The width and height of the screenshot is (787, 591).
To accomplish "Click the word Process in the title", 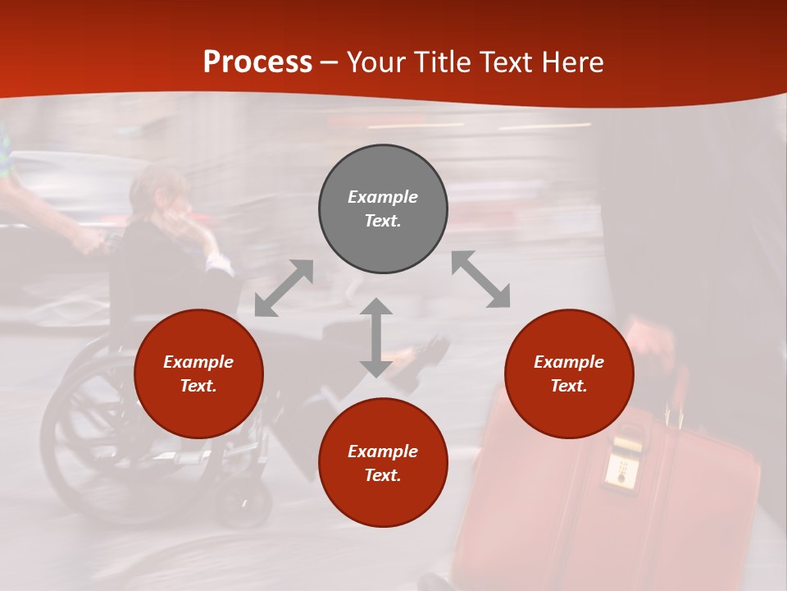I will click(x=257, y=62).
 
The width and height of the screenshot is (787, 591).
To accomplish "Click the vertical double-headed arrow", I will click(x=376, y=337).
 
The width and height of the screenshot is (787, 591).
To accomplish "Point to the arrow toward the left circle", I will click(x=284, y=288).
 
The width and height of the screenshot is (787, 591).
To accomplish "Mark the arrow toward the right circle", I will click(x=480, y=280).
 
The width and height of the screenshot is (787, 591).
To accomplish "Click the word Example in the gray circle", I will click(x=383, y=197).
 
